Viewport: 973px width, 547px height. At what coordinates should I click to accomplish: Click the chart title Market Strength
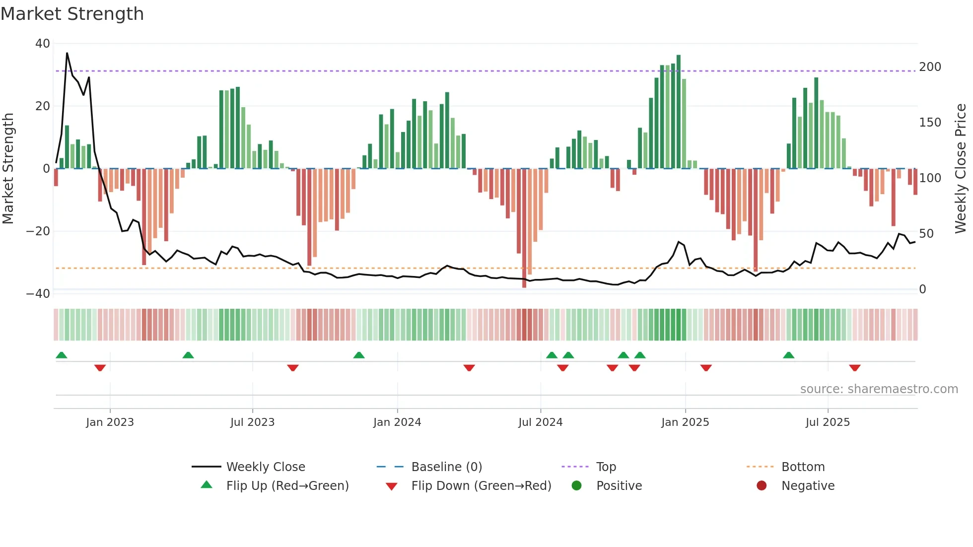(72, 14)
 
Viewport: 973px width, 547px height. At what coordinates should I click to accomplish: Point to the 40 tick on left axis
(43, 44)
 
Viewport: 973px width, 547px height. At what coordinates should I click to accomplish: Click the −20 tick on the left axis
(38, 231)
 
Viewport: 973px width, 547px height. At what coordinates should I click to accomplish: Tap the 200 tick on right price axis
(930, 67)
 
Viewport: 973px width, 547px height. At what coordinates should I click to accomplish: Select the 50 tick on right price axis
(926, 234)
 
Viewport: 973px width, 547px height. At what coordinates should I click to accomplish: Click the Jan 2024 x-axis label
(397, 422)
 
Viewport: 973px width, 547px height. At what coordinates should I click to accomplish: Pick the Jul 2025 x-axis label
(828, 422)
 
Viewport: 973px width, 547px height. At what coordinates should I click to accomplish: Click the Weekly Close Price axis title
(961, 169)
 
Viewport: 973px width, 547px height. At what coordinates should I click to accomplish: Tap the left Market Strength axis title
(8, 169)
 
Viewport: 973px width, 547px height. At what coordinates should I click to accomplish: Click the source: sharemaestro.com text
(879, 389)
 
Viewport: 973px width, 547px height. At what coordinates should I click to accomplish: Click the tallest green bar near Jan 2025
(679, 112)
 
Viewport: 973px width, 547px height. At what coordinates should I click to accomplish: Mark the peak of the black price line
(67, 53)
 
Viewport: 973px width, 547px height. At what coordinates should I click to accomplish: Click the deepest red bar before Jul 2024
(524, 228)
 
